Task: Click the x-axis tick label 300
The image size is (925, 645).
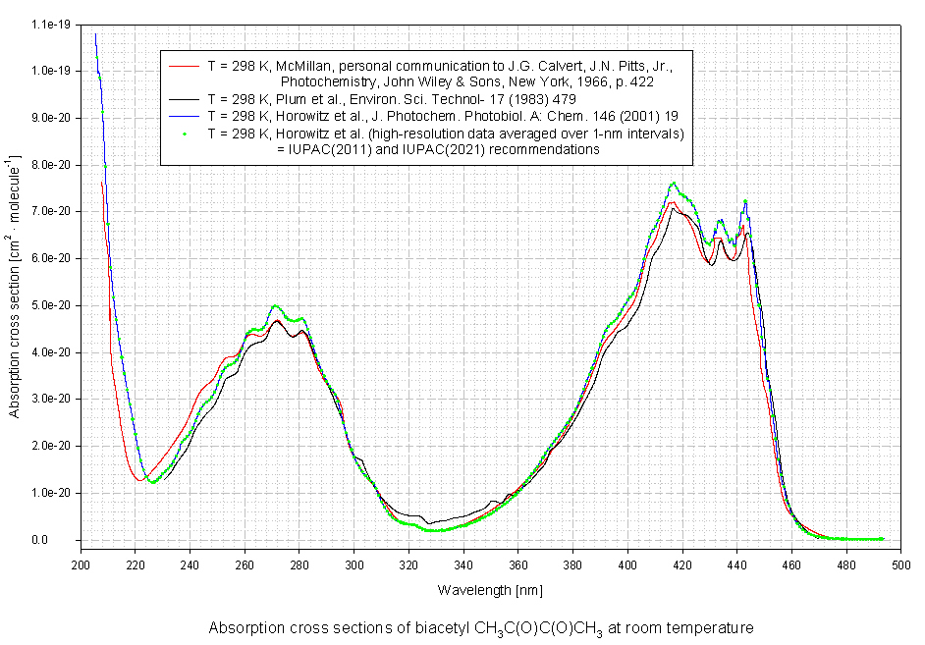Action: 354,564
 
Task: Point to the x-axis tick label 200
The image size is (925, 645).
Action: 81,564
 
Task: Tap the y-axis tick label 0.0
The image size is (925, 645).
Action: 64,540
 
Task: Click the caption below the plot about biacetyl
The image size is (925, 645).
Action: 480,627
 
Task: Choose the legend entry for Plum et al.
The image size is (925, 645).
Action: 391,99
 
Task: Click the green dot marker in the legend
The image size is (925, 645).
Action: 185,133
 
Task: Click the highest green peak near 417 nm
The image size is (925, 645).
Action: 673,184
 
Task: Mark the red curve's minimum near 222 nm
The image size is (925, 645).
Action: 138,479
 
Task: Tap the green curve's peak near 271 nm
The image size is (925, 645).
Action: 275,306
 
